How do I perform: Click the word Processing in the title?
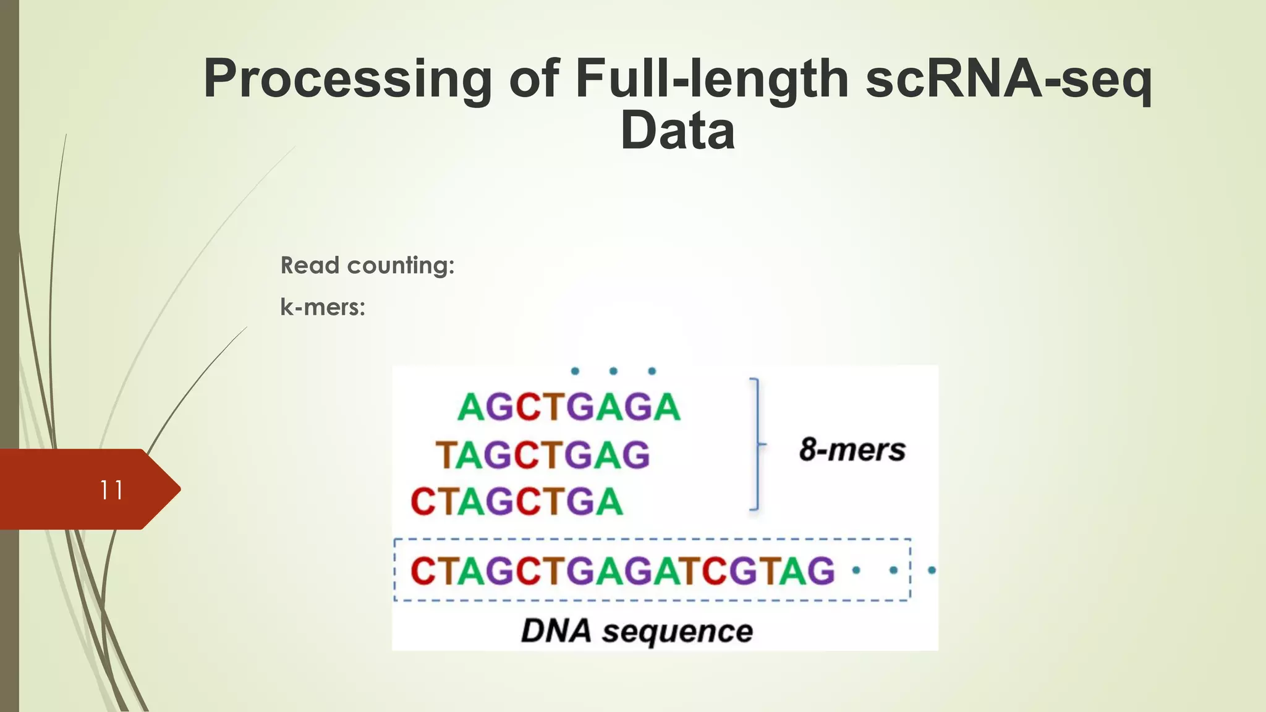point(347,79)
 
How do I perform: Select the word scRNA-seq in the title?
point(1008,79)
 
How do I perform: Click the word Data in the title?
point(678,131)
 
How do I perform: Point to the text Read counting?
point(367,265)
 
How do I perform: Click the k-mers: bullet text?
point(323,307)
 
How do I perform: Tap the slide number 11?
point(111,490)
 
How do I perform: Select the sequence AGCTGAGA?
point(569,407)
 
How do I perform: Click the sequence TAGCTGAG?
point(543,455)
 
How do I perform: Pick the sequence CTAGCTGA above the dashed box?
point(517,501)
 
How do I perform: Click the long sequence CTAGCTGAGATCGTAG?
point(622,570)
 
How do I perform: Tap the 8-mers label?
point(852,449)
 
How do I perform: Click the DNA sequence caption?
point(637,631)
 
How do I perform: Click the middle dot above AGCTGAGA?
point(613,371)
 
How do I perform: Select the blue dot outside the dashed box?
point(932,570)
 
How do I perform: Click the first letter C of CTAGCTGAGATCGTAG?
point(423,570)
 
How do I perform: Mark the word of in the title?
point(534,79)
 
